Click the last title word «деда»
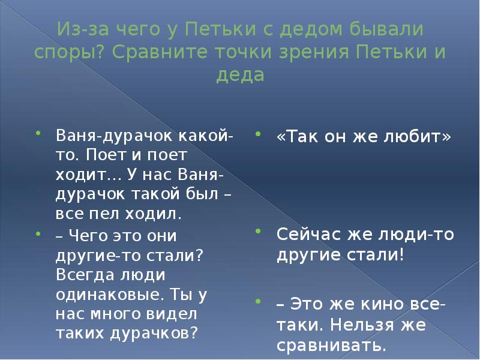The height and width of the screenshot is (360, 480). tap(240, 76)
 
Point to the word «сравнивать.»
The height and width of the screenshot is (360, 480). tap(331, 346)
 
